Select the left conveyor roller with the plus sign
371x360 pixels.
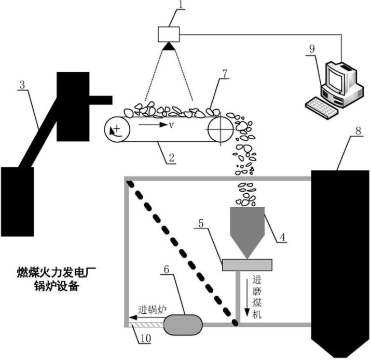point(117,129)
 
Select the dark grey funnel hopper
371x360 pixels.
point(247,229)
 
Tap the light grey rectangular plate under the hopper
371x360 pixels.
point(247,264)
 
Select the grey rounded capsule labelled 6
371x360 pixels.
point(182,325)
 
